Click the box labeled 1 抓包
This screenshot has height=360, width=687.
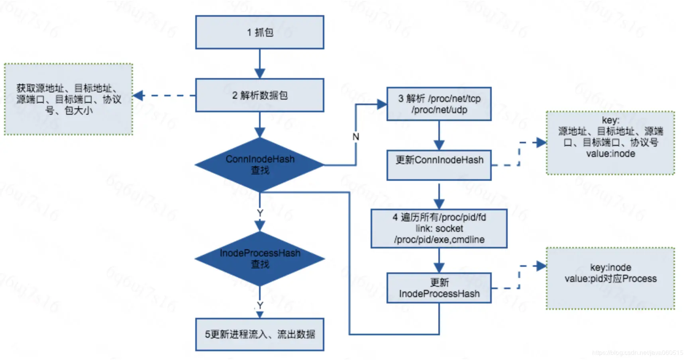259,32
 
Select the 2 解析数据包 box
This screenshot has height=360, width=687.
259,95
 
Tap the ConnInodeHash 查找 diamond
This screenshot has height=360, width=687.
259,164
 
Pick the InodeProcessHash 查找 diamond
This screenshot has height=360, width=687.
259,258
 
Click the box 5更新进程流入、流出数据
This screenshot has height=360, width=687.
259,335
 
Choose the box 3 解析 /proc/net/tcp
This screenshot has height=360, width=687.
439,104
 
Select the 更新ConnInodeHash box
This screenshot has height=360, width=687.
439,165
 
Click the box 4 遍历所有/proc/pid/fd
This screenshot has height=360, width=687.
439,229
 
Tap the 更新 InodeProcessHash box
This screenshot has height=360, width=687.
439,288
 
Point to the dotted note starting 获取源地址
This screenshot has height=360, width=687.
68,99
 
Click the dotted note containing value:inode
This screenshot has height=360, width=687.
610,143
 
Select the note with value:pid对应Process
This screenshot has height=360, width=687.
610,278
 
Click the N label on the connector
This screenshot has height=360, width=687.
356,137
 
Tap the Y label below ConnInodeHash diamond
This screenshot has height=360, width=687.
260,213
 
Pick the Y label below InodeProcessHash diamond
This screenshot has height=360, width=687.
260,305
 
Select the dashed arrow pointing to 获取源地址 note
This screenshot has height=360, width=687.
163,96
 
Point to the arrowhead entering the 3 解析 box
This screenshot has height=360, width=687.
382,104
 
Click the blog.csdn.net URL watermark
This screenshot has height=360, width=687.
637,353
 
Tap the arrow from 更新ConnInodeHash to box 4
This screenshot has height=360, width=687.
439,195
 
